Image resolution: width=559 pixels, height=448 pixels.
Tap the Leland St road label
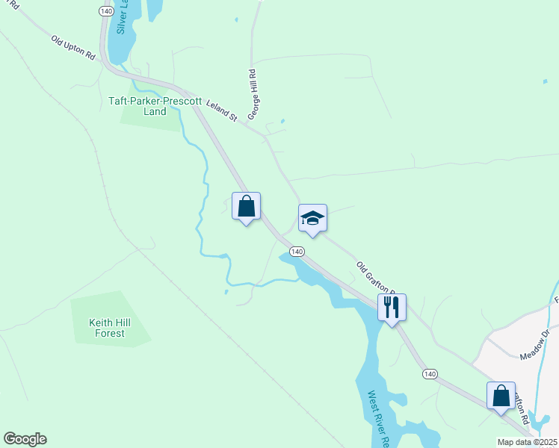(x=221, y=113)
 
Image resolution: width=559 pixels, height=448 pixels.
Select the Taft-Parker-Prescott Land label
(x=144, y=105)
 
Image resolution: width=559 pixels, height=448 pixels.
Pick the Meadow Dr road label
(x=534, y=343)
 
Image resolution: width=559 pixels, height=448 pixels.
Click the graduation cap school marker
(x=312, y=218)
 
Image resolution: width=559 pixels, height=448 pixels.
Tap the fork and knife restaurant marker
(x=392, y=306)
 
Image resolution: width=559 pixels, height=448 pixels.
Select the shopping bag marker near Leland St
(x=246, y=206)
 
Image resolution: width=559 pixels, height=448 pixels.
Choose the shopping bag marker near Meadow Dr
(x=501, y=395)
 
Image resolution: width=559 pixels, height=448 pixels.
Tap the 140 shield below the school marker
(x=297, y=252)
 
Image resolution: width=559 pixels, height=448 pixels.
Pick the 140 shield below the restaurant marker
(x=428, y=373)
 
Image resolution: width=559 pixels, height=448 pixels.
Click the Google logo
(x=25, y=439)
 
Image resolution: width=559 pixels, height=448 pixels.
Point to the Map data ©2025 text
(x=527, y=442)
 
